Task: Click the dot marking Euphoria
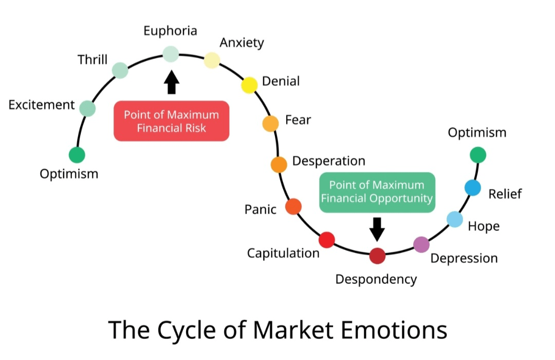[171, 53]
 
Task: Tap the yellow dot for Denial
[249, 85]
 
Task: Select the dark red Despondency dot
[377, 256]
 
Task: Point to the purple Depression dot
[421, 244]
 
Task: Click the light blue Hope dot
[455, 219]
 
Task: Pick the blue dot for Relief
[473, 188]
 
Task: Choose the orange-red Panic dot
[293, 206]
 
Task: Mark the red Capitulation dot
[327, 240]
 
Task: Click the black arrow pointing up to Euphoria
[172, 82]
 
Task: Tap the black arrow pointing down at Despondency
[377, 228]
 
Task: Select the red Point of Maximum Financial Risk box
[171, 121]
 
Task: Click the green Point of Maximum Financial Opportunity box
[377, 192]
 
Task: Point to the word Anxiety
[242, 43]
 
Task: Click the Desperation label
[328, 161]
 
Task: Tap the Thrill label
[92, 60]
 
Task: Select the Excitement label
[42, 105]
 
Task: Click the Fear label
[298, 120]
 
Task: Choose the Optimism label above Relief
[477, 133]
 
